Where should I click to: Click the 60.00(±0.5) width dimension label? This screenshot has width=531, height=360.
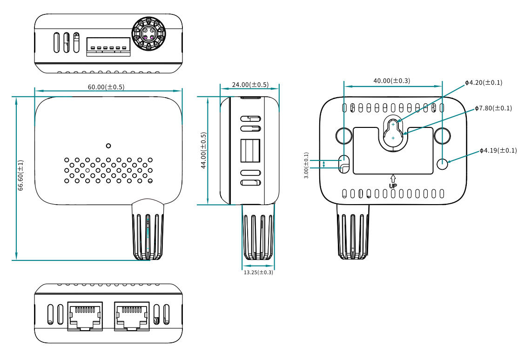pyautogui.click(x=106, y=87)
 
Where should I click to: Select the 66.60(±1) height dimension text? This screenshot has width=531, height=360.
pyautogui.click(x=20, y=175)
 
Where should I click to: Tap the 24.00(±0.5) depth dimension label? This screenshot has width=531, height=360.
pyautogui.click(x=250, y=85)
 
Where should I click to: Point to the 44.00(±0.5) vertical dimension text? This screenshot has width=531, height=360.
pyautogui.click(x=203, y=151)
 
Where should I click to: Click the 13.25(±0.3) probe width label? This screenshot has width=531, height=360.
pyautogui.click(x=258, y=273)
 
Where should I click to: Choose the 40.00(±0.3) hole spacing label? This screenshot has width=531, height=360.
pyautogui.click(x=392, y=81)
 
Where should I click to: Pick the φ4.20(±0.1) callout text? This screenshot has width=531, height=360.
pyautogui.click(x=484, y=83)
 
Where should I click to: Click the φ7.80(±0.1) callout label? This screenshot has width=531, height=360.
pyautogui.click(x=493, y=108)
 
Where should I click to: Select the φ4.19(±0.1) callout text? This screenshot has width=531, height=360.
pyautogui.click(x=498, y=151)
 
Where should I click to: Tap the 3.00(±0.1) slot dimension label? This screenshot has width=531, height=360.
pyautogui.click(x=306, y=166)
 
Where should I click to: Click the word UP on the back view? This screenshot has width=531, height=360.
pyautogui.click(x=393, y=186)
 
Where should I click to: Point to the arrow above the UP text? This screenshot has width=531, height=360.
pyautogui.click(x=393, y=178)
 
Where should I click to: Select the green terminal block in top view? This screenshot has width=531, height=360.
pyautogui.click(x=108, y=47)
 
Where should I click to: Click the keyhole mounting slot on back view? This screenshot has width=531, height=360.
pyautogui.click(x=393, y=133)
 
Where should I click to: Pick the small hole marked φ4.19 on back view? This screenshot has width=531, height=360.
pyautogui.click(x=443, y=163)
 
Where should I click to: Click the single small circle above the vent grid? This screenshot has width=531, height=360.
pyautogui.click(x=108, y=146)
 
